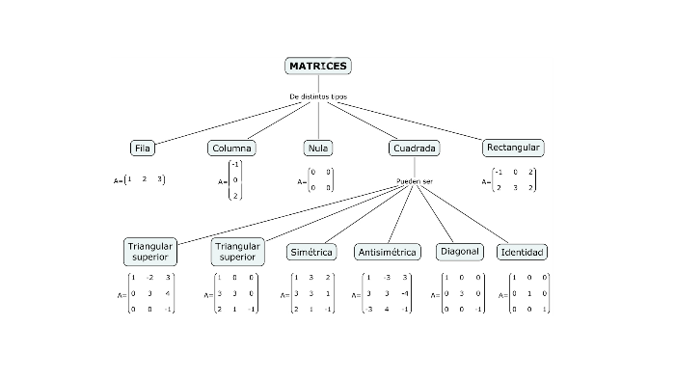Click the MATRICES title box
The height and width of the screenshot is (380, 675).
tap(318, 66)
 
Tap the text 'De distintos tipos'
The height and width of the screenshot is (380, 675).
tap(317, 96)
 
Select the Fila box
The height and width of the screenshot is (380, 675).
tap(143, 149)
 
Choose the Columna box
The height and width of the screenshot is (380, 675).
tap(231, 149)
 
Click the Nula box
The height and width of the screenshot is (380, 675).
tap(318, 149)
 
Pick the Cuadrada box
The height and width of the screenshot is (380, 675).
tap(416, 149)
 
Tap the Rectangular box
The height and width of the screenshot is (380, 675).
tap(514, 148)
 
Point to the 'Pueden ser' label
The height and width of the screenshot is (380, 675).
tap(415, 181)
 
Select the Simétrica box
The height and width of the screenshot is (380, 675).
tap(311, 252)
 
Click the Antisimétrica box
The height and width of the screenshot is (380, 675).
tap(388, 252)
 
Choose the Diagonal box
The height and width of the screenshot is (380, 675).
tap(459, 251)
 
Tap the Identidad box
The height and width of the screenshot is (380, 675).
tap(522, 252)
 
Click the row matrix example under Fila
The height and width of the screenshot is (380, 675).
tap(142, 179)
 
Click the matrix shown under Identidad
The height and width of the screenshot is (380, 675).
tap(526, 293)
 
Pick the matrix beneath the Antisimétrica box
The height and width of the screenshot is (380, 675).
tap(388, 294)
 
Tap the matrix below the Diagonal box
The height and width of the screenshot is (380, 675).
tap(459, 293)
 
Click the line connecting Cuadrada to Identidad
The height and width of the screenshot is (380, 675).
tap(464, 213)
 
